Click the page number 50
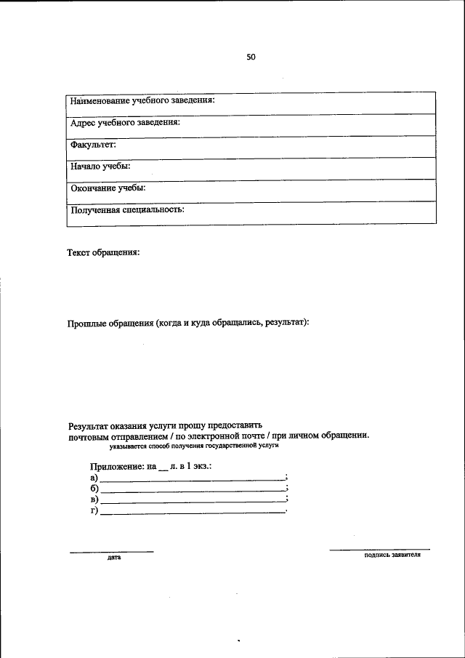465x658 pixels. pos(251,57)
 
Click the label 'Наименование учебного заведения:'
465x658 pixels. pos(142,100)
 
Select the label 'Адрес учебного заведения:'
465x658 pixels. pos(125,122)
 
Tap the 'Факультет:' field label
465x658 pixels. pos(93,144)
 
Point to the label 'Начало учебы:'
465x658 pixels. pos(100,166)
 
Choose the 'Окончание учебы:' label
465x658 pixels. pos(108,188)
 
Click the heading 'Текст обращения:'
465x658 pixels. pos(103,253)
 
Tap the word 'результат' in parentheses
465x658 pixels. pos(286,321)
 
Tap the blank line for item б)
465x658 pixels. pos(193,492)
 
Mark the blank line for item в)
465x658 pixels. pos(193,502)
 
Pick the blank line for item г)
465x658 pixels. pos(193,513)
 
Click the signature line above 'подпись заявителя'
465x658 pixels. pos(379,548)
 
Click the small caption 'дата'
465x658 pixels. pos(113,558)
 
